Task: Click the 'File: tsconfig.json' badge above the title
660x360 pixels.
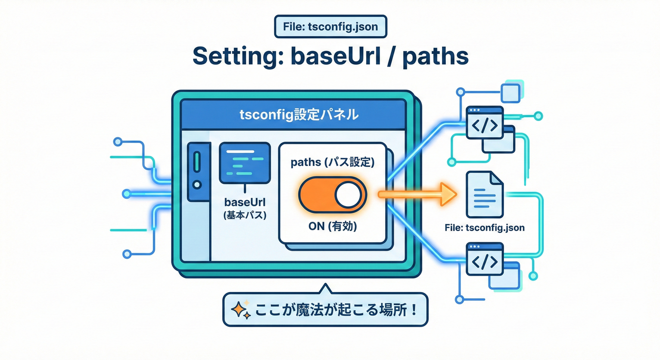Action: pos(330,27)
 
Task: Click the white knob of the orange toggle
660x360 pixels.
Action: pos(348,194)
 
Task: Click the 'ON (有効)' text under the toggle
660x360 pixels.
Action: pos(333,226)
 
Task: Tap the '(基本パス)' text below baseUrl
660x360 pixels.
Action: pos(244,217)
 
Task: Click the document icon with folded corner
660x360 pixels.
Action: pos(484,195)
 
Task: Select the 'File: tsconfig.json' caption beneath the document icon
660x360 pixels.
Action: pos(484,228)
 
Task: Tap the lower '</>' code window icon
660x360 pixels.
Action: pos(484,259)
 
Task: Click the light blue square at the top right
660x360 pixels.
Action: pos(511,93)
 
